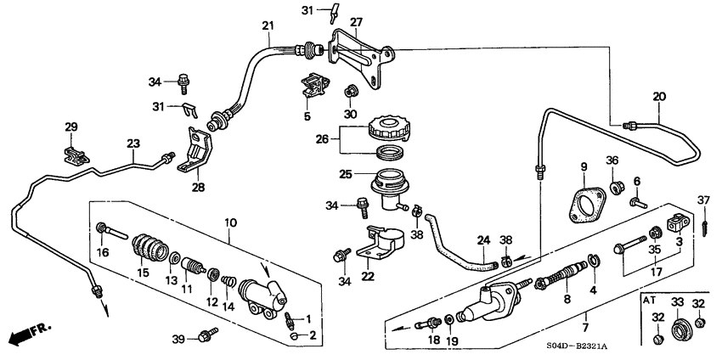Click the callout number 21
coord(268,26)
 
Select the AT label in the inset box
coord(650,301)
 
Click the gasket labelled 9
coord(586,206)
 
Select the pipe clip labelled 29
coord(75,155)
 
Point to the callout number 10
coord(228,223)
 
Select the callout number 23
coord(133,143)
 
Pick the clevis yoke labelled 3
coord(677,224)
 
